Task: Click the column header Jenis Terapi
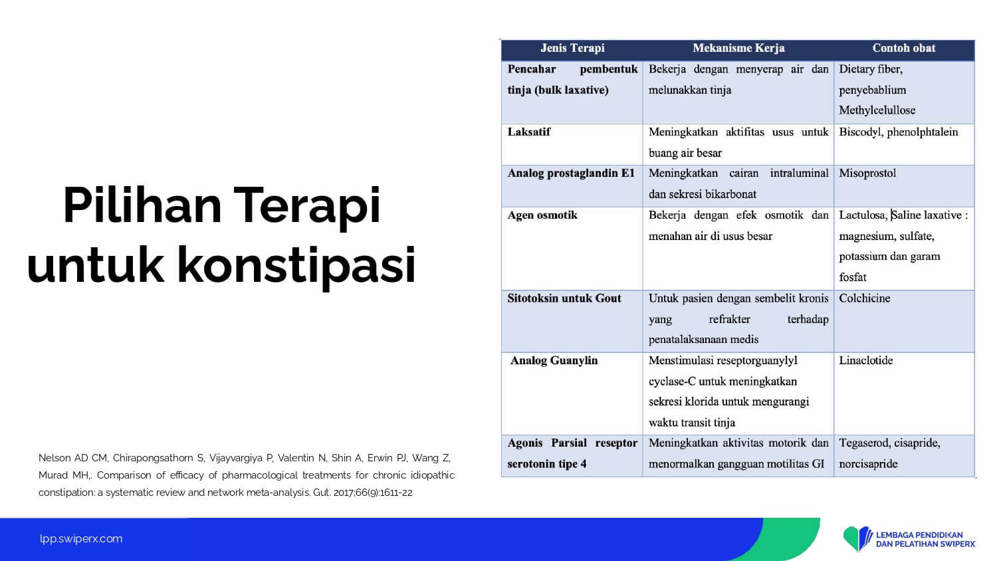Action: pos(572,48)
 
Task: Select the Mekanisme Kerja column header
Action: pos(738,48)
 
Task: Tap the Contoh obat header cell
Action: pos(903,48)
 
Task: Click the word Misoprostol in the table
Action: pos(867,173)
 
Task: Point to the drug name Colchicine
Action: pos(864,298)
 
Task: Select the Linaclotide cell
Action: pos(865,360)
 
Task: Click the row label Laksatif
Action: pos(529,132)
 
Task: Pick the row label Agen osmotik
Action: pos(542,215)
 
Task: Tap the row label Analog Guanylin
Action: pos(554,360)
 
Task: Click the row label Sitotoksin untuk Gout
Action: pos(564,298)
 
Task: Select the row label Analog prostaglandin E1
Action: pos(571,173)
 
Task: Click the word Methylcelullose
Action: pos(877,110)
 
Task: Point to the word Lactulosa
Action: pos(863,215)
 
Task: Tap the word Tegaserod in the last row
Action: pos(862,443)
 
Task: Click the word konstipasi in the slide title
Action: pos(296,265)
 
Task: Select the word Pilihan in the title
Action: pos(142,205)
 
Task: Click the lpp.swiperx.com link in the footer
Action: pos(81,539)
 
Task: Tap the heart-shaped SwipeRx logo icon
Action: pos(857,539)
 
